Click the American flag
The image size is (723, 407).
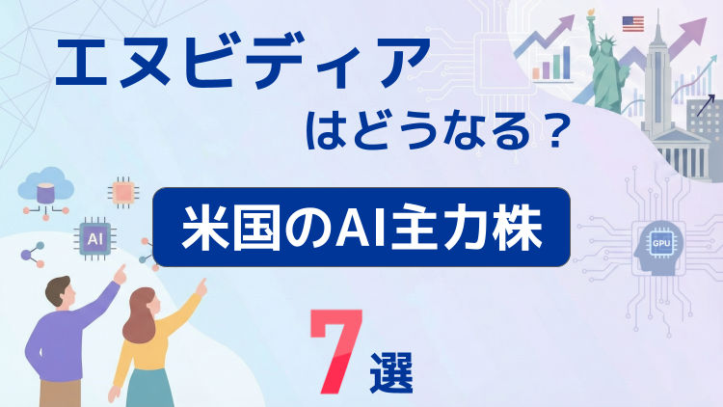[633, 24]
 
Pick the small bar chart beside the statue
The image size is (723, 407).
[548, 62]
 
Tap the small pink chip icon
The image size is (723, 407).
[122, 191]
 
